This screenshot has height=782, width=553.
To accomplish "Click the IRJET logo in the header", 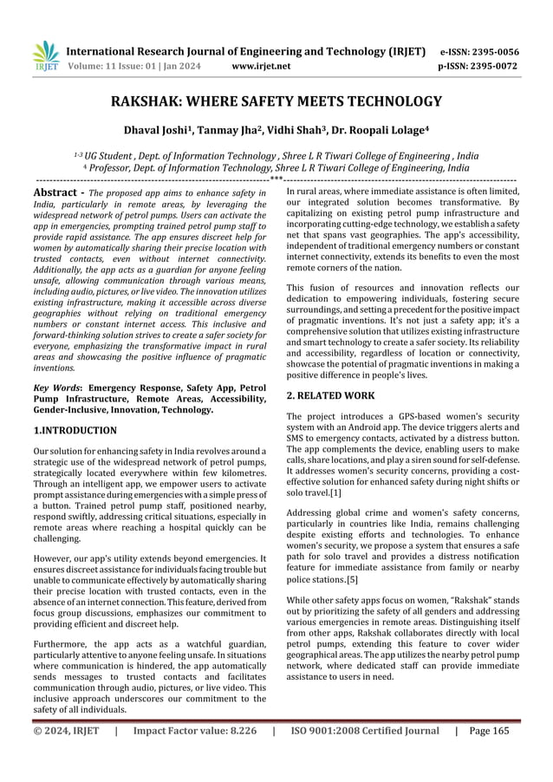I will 44,56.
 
